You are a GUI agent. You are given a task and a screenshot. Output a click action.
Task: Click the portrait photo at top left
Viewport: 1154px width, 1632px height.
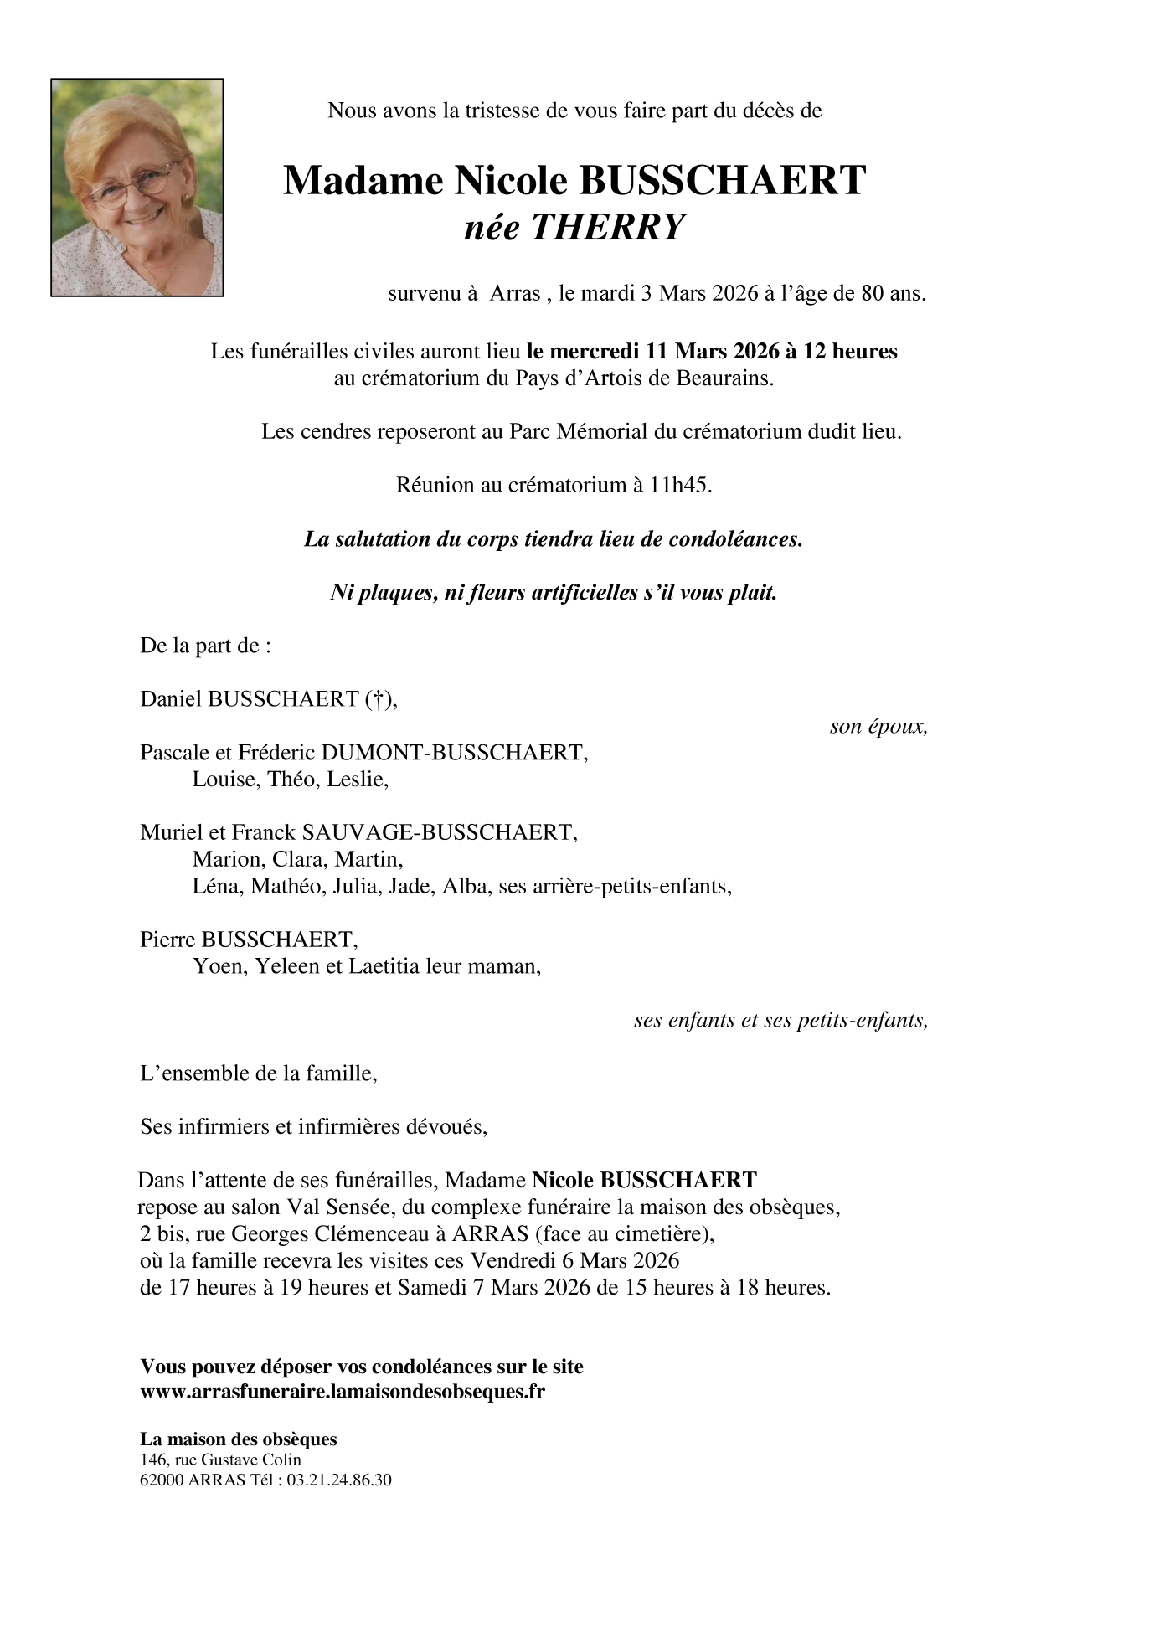point(137,188)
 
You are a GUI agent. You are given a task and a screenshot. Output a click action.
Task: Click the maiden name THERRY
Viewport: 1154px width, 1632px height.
point(609,228)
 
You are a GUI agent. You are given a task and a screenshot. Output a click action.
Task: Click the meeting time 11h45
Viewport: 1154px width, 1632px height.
point(680,486)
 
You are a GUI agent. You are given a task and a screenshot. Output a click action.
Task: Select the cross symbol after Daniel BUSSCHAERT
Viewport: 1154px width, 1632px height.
point(379,699)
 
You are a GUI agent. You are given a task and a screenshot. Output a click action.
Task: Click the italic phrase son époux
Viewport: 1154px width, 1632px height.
point(878,727)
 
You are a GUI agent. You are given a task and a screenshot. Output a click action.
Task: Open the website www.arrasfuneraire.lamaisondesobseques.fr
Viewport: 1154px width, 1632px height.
point(343,1392)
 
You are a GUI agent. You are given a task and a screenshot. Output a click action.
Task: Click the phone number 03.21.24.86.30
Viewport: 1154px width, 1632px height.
point(339,1480)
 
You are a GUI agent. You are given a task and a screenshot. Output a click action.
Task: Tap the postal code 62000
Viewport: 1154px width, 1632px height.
point(162,1480)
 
